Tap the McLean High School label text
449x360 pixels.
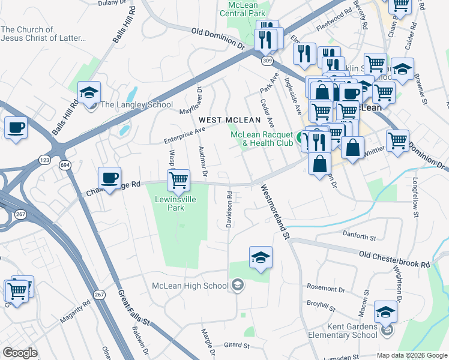click(190, 285)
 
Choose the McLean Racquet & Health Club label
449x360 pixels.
click(262, 139)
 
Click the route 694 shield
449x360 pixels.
click(64, 163)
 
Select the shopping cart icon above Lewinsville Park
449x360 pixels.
click(178, 179)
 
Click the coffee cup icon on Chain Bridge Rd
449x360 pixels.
click(109, 177)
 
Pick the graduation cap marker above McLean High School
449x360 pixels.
click(261, 257)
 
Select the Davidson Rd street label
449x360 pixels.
click(229, 209)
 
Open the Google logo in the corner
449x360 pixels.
click(20, 353)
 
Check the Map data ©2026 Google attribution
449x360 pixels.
click(412, 355)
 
